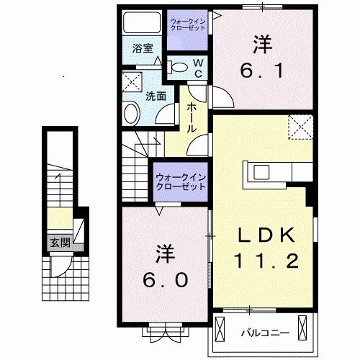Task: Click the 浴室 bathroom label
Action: [143, 48]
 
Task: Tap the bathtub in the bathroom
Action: [142, 22]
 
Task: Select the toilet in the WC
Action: [178, 67]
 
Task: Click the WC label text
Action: [198, 68]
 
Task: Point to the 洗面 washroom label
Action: [156, 96]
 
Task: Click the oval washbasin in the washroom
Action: [132, 114]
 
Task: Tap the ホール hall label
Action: [192, 117]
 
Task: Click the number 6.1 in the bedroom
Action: [262, 71]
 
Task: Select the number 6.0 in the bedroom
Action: [166, 279]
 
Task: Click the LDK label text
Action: [266, 235]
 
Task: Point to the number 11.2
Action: [266, 261]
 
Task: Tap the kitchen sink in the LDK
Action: [262, 172]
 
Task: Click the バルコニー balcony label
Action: [266, 333]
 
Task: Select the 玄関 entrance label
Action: [60, 243]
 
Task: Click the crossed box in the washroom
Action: [132, 82]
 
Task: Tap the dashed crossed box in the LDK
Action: [301, 127]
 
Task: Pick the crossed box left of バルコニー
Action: [220, 328]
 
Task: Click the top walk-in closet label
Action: [188, 24]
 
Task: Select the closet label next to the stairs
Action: [181, 182]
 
